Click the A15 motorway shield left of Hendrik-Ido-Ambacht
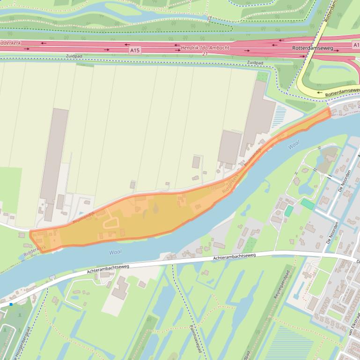(x=135, y=50)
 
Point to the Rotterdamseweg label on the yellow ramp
(x=342, y=92)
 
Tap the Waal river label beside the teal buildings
(x=294, y=145)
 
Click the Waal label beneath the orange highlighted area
(x=116, y=252)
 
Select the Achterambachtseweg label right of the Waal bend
(x=234, y=258)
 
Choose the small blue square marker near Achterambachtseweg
(x=11, y=304)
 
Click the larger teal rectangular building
(x=308, y=204)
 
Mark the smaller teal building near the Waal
(x=288, y=211)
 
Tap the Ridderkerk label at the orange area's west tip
(x=35, y=251)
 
